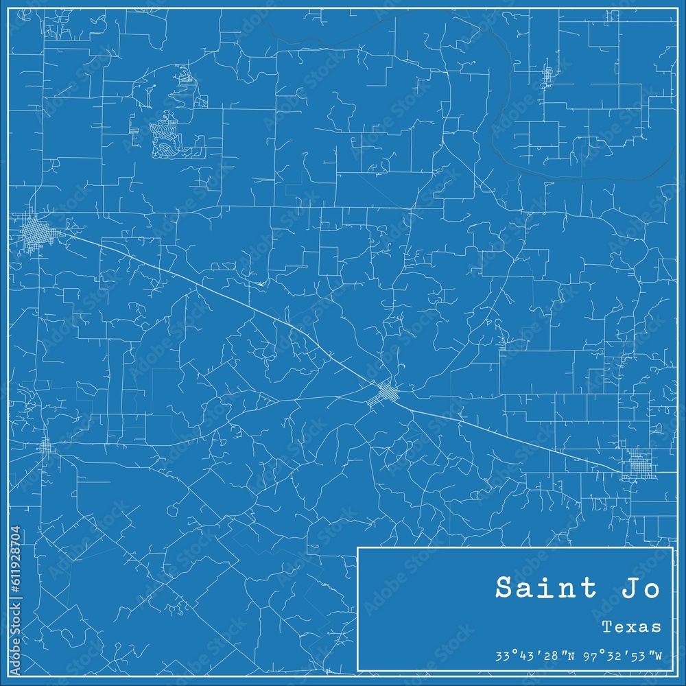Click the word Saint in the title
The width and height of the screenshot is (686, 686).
(x=536, y=589)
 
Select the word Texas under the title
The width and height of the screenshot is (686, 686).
(x=631, y=626)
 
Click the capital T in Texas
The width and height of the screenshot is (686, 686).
(x=606, y=626)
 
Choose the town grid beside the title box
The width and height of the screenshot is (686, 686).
(x=641, y=468)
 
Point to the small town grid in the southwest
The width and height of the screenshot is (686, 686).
(x=47, y=447)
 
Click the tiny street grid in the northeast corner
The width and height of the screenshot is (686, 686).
(x=547, y=77)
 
